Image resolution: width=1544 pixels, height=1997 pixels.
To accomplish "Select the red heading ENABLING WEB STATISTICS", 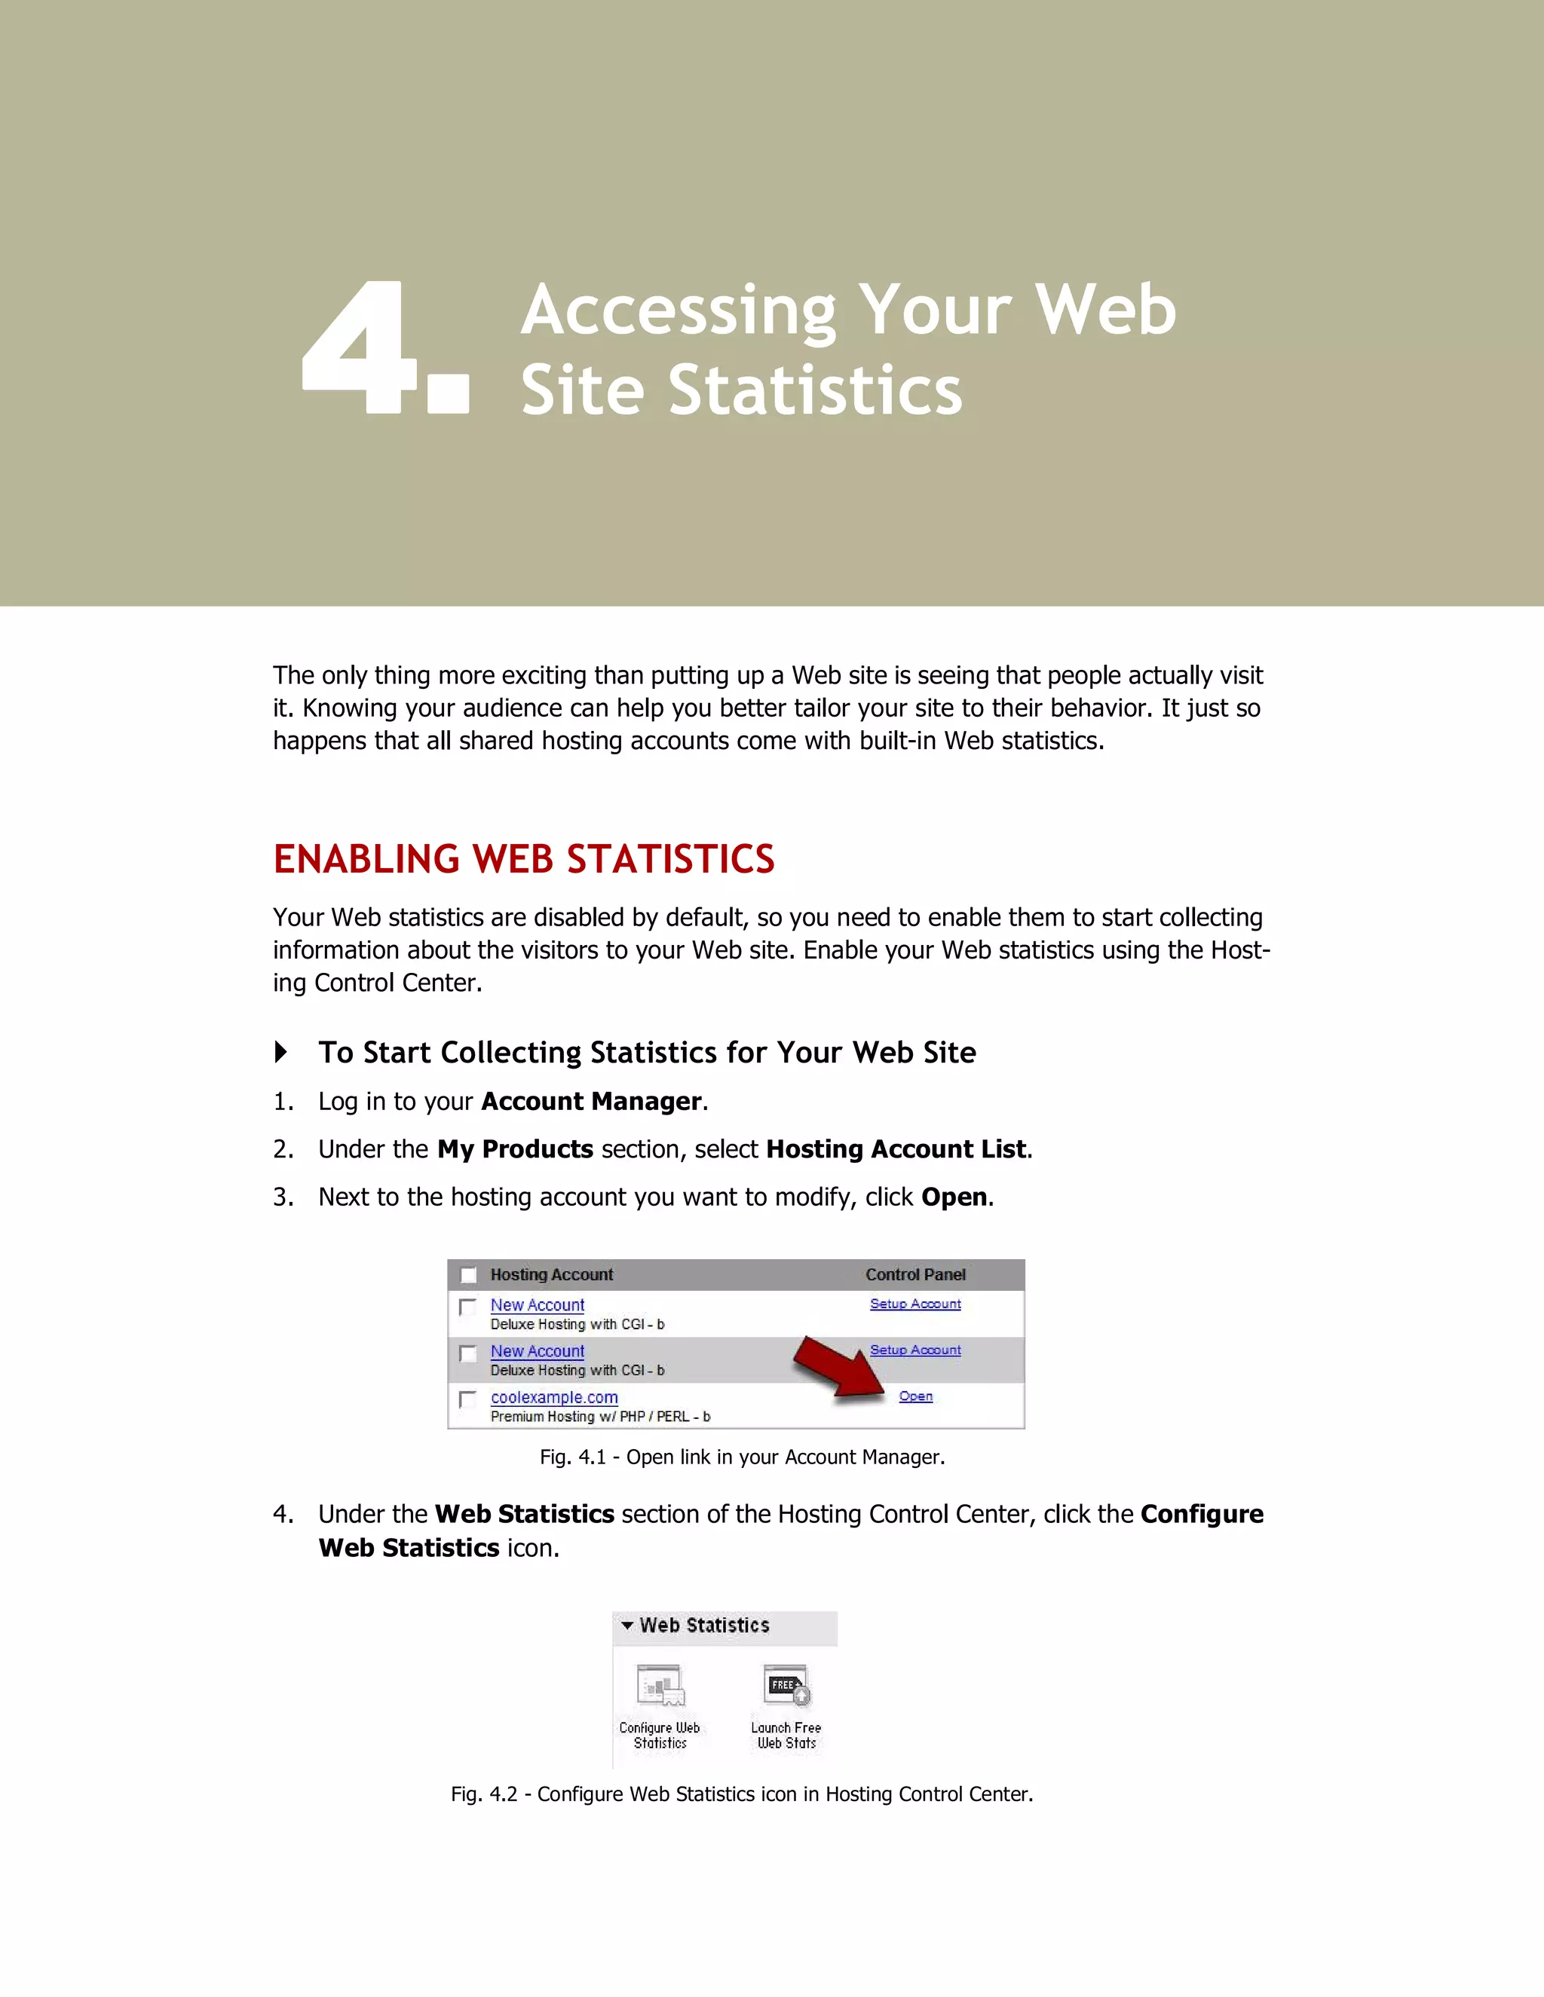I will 523,860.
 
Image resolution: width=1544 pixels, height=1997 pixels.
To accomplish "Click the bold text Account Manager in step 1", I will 591,1101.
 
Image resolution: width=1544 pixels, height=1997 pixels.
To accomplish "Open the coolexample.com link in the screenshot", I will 554,1397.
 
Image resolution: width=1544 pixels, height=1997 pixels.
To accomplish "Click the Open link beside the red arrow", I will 915,1396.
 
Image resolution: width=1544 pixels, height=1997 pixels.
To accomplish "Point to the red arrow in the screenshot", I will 837,1368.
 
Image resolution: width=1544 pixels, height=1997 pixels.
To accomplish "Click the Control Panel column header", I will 914,1274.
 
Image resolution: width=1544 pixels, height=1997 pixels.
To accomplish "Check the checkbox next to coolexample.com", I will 467,1399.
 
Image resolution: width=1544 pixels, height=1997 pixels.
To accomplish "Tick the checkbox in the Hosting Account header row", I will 468,1274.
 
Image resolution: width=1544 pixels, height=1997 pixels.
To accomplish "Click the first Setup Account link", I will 914,1304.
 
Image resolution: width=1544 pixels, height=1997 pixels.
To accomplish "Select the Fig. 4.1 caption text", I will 742,1457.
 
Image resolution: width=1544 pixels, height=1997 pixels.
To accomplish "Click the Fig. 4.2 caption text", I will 742,1794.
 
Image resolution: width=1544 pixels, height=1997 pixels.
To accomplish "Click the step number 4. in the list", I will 283,1514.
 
